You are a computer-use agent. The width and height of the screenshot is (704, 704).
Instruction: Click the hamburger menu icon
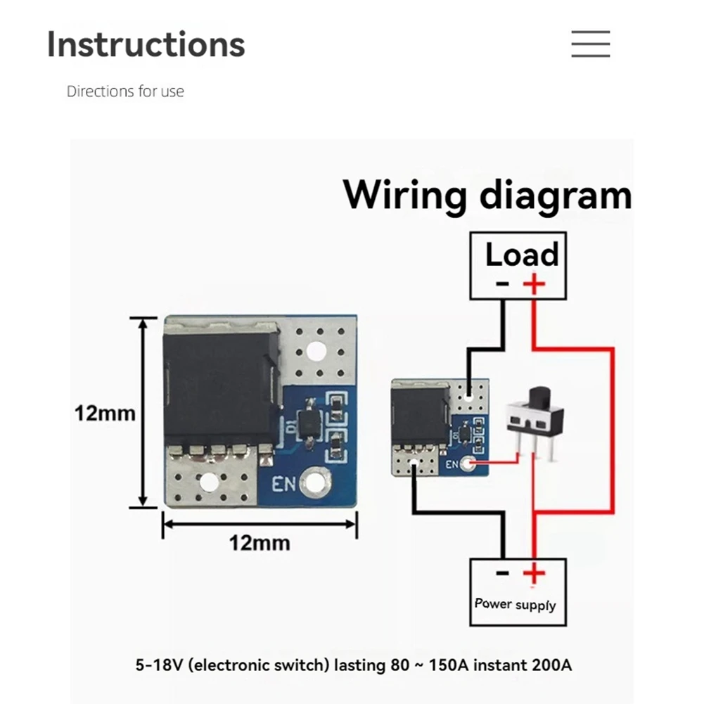[x=590, y=44]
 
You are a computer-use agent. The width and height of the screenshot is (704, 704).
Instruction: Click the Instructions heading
[x=146, y=44]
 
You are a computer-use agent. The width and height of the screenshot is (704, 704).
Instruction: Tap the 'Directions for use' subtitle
[x=125, y=91]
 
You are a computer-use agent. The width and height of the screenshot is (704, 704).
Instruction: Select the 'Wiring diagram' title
[x=487, y=195]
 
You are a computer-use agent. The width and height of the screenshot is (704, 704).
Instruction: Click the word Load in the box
[x=522, y=255]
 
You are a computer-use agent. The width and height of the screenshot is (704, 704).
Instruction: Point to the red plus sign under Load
[x=534, y=284]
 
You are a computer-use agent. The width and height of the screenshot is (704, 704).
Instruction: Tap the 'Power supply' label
[x=515, y=604]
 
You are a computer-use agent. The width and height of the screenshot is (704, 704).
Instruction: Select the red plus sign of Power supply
[x=534, y=574]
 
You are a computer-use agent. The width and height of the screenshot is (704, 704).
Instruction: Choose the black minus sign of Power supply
[x=502, y=573]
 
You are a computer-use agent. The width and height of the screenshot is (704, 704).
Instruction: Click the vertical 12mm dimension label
[x=105, y=413]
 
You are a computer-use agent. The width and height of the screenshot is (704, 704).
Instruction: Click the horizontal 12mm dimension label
[x=259, y=542]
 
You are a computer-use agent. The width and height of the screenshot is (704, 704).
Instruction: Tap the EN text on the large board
[x=284, y=483]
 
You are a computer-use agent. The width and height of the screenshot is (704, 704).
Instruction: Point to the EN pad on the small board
[x=469, y=463]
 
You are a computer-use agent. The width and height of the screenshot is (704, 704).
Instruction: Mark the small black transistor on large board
[x=309, y=423]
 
